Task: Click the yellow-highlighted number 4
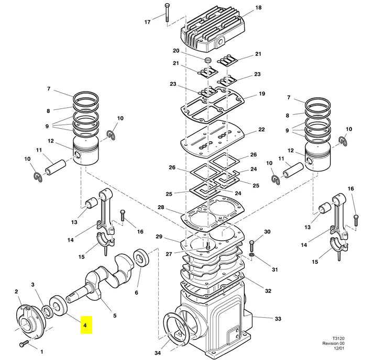coord(85,325)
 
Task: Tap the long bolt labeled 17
coord(167,13)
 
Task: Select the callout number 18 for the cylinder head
coord(258,8)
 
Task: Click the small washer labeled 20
coord(208,60)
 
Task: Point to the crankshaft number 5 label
coord(115,316)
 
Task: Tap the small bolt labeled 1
coord(24,343)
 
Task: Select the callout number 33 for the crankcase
coord(278,319)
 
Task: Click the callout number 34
coord(158,353)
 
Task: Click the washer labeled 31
coord(251,255)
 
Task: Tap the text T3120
coord(339,339)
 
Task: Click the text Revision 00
coord(334,343)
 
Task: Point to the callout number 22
coord(262,129)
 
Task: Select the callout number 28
coord(161,207)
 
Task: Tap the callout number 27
coord(169,254)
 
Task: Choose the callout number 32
coord(268,291)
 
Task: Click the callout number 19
coord(262,94)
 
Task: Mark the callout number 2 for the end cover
coord(16,291)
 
